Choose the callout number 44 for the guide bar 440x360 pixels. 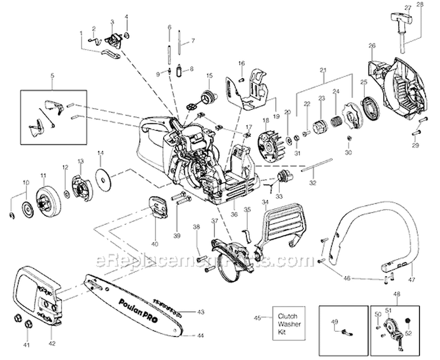[201, 335]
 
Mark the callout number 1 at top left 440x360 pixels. [81, 33]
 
